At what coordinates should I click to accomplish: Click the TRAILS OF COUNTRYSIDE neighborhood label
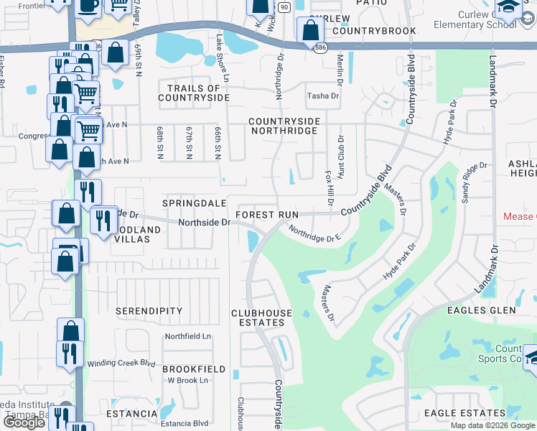point(193,92)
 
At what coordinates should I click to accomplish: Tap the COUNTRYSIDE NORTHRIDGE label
point(283,126)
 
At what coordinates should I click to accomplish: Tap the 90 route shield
point(284,6)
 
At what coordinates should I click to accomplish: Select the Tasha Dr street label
point(322,96)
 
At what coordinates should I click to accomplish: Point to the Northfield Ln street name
point(188,336)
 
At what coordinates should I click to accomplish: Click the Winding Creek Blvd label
point(121,363)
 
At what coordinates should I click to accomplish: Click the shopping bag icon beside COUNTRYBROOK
point(310,31)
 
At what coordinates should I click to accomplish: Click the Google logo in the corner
point(24,422)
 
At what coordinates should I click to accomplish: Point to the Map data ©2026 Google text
point(492,425)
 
